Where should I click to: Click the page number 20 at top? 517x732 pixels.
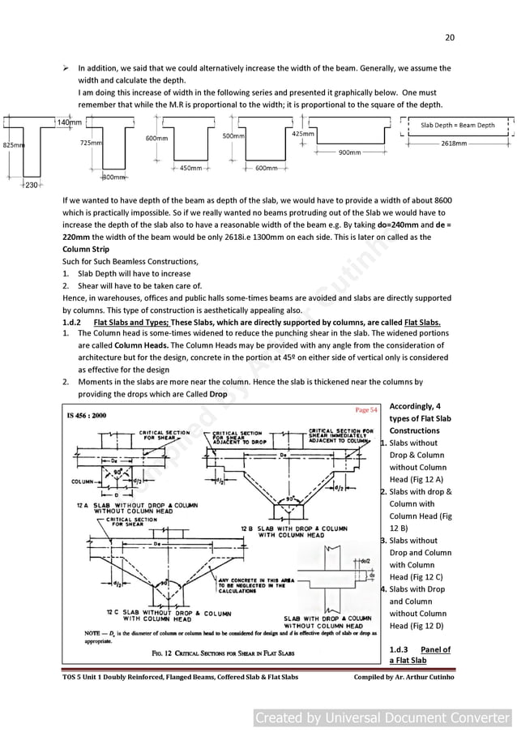pyautogui.click(x=450, y=37)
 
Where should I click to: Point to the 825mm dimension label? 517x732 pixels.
pyautogui.click(x=12, y=144)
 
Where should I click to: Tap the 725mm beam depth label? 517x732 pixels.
pyautogui.click(x=90, y=142)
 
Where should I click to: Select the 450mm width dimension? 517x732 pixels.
pyautogui.click(x=190, y=169)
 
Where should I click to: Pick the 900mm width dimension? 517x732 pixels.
pyautogui.click(x=349, y=152)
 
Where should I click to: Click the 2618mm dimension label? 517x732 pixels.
pyautogui.click(x=454, y=143)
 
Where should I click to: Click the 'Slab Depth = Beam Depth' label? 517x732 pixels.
pyautogui.click(x=458, y=125)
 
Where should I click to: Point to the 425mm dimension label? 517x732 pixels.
pyautogui.click(x=303, y=133)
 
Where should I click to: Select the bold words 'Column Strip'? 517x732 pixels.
pyautogui.click(x=86, y=249)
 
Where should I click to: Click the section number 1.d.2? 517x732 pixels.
pyautogui.click(x=72, y=322)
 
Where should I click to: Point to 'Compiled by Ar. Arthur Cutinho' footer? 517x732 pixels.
pyautogui.click(x=404, y=677)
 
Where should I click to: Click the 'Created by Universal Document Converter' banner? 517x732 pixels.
pyautogui.click(x=383, y=717)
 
